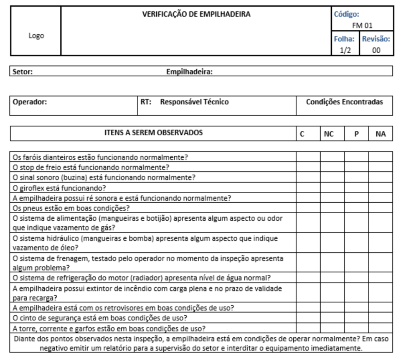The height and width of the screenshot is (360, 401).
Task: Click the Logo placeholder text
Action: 36,36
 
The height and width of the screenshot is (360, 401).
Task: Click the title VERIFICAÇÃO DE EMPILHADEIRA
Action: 196,15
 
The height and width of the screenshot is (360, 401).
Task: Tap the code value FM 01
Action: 362,25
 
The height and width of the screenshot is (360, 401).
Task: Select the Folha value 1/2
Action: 345,50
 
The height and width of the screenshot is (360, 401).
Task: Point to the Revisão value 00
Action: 376,50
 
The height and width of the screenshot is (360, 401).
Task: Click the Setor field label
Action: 23,72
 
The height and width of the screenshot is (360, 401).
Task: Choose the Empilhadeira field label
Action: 190,72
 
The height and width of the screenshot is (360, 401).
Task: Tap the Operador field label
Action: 30,102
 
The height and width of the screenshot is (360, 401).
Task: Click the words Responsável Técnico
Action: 194,102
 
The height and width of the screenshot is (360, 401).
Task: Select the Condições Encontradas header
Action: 344,102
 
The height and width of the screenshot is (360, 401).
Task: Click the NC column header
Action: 329,134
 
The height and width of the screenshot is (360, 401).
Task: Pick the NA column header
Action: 380,134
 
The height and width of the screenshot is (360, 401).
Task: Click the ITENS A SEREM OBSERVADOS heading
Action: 153,133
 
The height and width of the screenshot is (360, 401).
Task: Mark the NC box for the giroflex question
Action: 332,187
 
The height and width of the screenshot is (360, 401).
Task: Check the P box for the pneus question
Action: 356,208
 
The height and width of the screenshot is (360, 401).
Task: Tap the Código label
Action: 346,14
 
